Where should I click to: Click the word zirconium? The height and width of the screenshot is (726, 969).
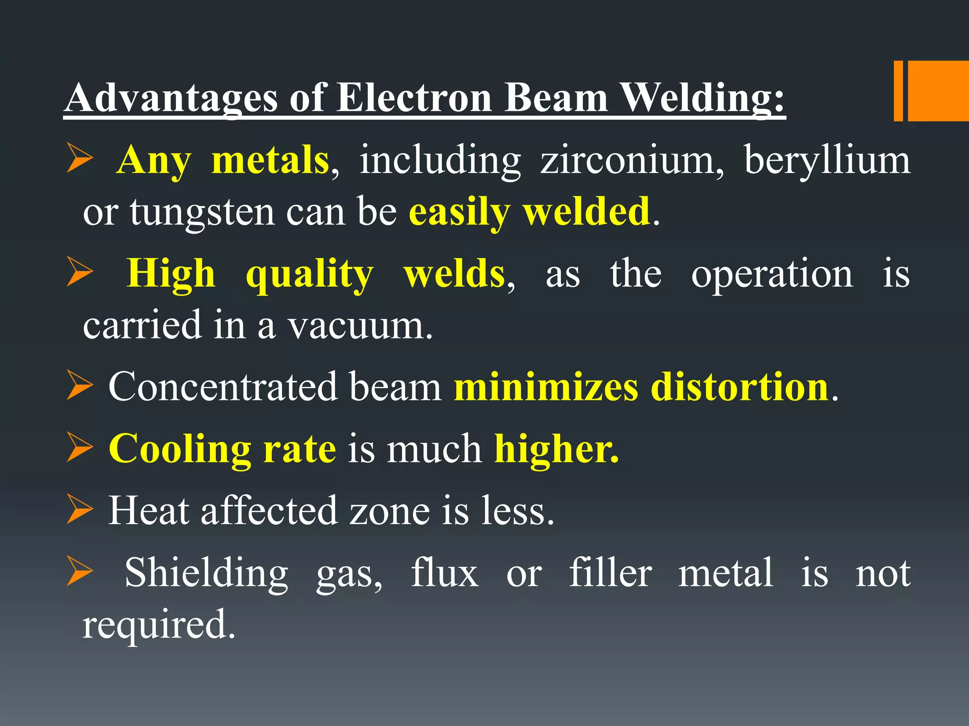click(x=632, y=160)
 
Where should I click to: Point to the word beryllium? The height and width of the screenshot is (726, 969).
click(x=827, y=161)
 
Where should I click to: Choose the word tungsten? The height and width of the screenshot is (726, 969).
click(x=203, y=213)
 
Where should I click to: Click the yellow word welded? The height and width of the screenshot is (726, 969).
click(x=587, y=212)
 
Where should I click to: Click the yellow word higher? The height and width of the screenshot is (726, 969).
click(x=556, y=449)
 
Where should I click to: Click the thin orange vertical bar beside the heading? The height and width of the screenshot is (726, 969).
click(x=898, y=91)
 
